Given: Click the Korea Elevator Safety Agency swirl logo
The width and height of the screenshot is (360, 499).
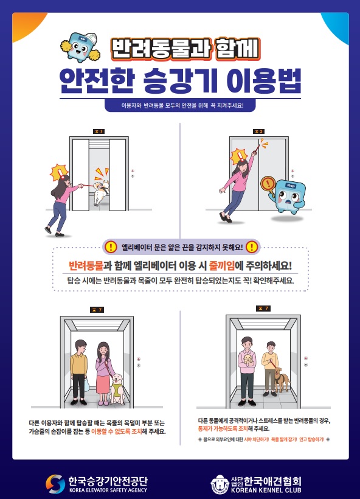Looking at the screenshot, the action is pyautogui.click(x=55, y=484).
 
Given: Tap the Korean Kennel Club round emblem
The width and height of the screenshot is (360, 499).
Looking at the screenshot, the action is pyautogui.click(x=220, y=484).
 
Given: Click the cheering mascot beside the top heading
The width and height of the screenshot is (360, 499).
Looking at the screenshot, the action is pyautogui.click(x=80, y=47).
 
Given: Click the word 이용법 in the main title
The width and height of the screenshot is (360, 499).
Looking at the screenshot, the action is pyautogui.click(x=264, y=81).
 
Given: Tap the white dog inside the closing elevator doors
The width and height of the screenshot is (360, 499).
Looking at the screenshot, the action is pyautogui.click(x=101, y=192).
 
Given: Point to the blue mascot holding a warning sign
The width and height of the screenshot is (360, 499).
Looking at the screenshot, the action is pyautogui.click(x=287, y=197).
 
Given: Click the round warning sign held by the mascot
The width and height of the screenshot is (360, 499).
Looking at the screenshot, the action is pyautogui.click(x=268, y=184).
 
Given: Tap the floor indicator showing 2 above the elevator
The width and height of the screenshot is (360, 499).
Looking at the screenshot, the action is pyautogui.click(x=258, y=131).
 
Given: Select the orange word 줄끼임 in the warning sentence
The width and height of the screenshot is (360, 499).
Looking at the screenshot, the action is pyautogui.click(x=221, y=265).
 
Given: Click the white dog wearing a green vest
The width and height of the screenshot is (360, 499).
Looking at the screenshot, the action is pyautogui.click(x=117, y=389).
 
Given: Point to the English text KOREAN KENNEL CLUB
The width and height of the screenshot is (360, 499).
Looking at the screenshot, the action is pyautogui.click(x=266, y=490).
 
